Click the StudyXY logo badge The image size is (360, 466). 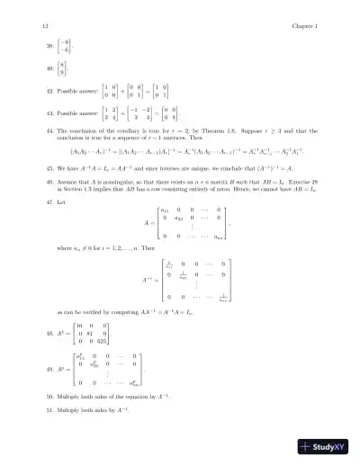(324, 445)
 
